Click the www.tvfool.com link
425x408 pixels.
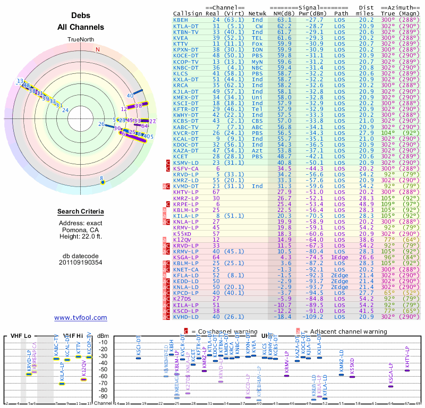pos(81,318)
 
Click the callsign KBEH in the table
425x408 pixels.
pos(181,19)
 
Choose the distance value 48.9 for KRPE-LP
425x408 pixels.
pos(366,203)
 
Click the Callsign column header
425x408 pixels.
pos(188,13)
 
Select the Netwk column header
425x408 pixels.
pos(257,13)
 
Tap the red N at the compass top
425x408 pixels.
pos(98,50)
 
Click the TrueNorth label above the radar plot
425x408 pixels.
pos(81,40)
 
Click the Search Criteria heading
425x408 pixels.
pos(81,211)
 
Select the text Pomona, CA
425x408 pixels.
pos(81,230)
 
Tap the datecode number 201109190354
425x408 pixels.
pos(81,262)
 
